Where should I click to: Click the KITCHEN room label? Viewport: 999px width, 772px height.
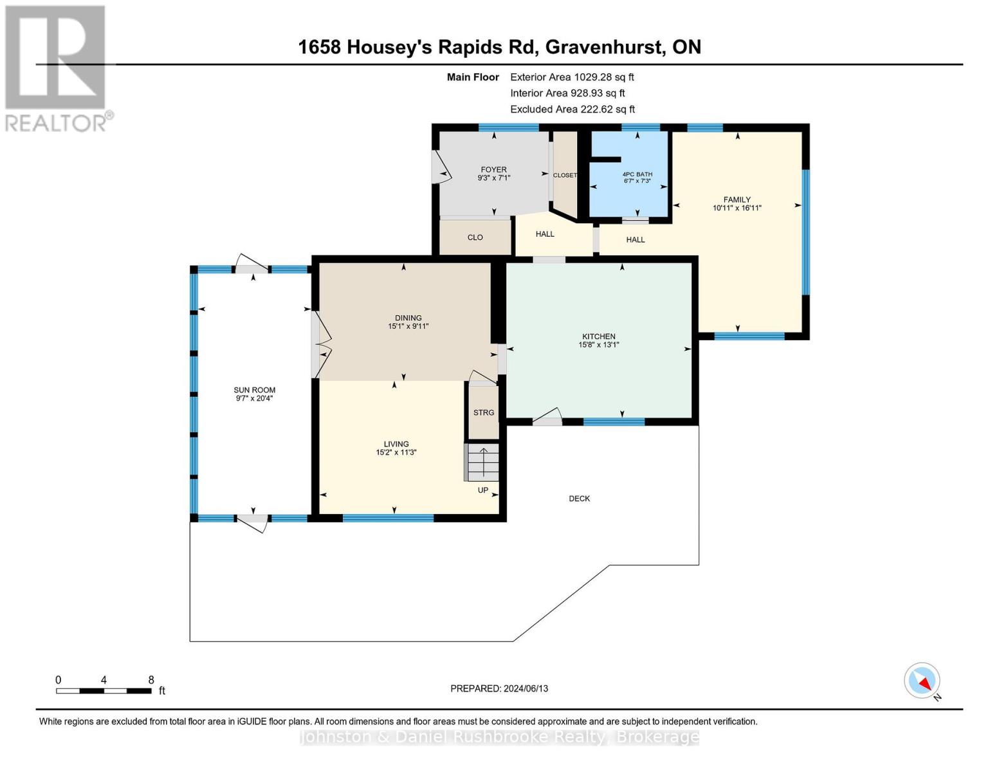point(599,336)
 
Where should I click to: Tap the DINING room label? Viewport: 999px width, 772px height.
point(408,318)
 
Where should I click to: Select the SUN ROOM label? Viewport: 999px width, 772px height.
point(254,390)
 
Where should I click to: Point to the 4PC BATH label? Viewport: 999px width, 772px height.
point(637,174)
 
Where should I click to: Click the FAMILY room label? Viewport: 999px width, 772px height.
point(737,199)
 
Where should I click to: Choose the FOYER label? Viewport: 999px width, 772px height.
point(494,170)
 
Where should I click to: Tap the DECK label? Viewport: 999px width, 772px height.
point(579,499)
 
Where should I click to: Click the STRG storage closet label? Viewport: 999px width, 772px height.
point(484,412)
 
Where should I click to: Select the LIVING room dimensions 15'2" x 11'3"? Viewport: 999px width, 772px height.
point(396,452)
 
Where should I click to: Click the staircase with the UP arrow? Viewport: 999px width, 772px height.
point(482,462)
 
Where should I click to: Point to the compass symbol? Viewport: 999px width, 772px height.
point(922,681)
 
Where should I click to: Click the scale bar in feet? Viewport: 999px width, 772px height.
point(104,690)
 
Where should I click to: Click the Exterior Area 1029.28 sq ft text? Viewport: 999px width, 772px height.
point(572,77)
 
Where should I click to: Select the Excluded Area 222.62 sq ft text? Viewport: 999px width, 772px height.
point(573,109)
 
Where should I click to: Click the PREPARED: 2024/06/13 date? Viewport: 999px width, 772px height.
point(499,688)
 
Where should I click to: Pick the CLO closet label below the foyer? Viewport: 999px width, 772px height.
point(475,237)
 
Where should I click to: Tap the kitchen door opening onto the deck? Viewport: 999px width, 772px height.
point(547,416)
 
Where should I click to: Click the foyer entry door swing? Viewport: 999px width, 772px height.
point(441,168)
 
